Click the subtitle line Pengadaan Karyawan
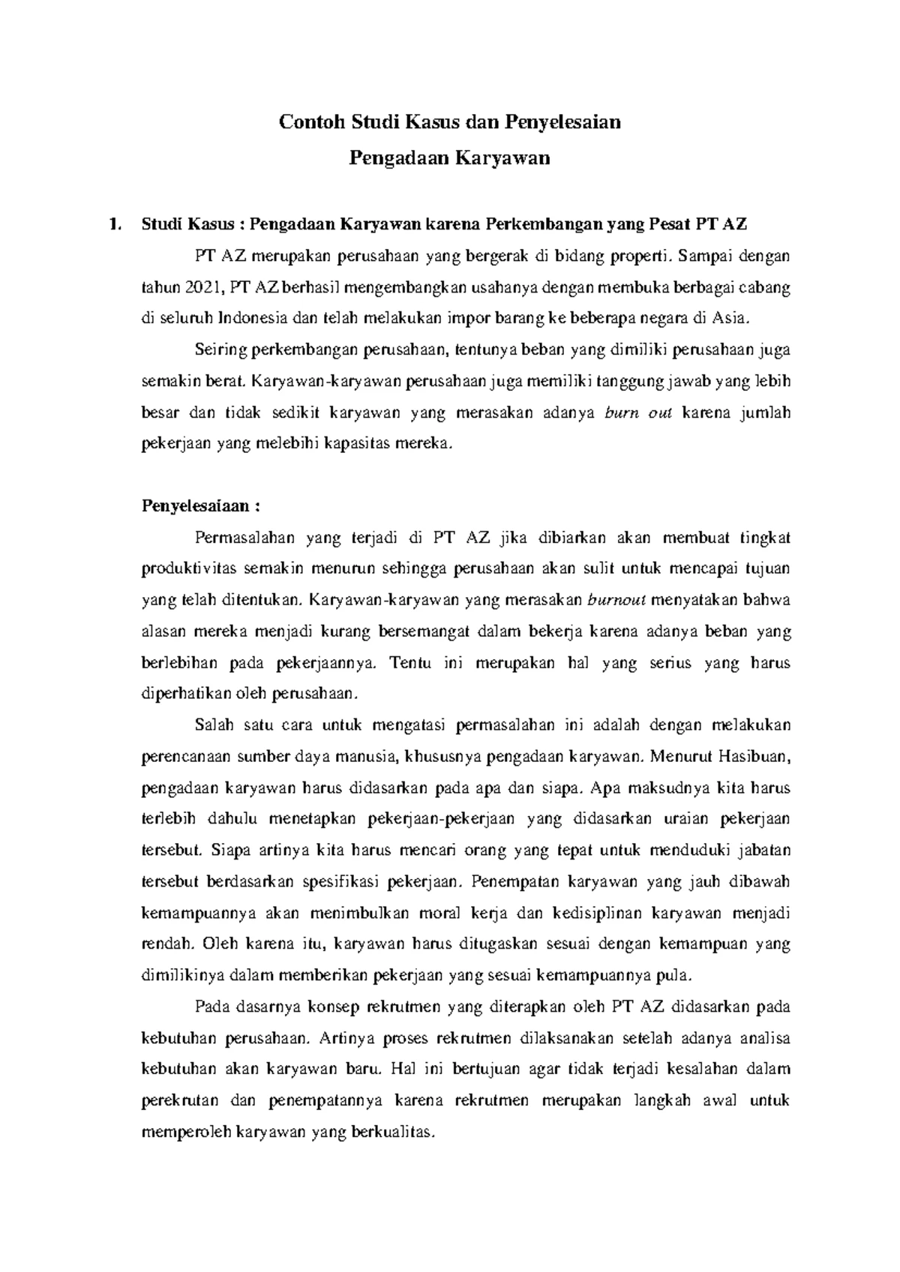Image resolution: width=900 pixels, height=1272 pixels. click(x=450, y=157)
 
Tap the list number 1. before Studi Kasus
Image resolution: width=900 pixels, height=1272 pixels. click(x=114, y=223)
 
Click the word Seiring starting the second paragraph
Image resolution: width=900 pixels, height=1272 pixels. click(x=220, y=349)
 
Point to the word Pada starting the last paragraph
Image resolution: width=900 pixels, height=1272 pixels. click(x=211, y=1007)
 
